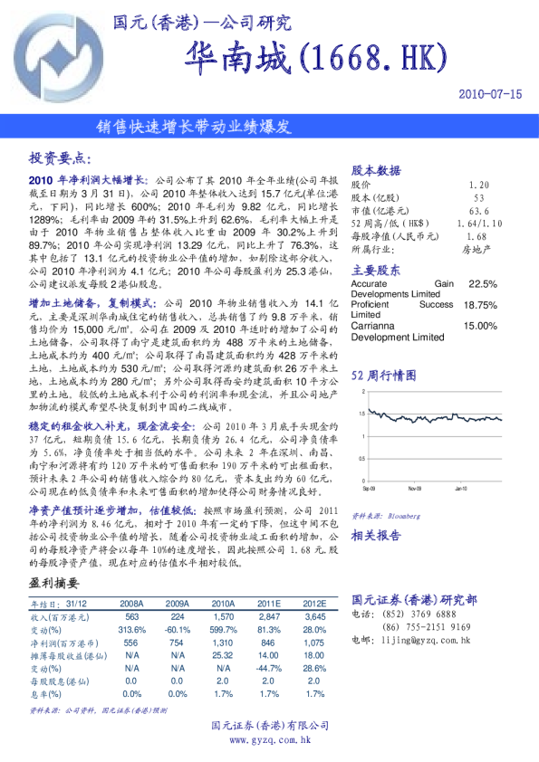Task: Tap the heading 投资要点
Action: click(x=61, y=157)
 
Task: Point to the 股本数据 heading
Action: click(x=376, y=170)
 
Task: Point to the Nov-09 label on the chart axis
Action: click(x=414, y=489)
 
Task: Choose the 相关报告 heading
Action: click(x=376, y=535)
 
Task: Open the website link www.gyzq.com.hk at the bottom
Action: click(x=270, y=740)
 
